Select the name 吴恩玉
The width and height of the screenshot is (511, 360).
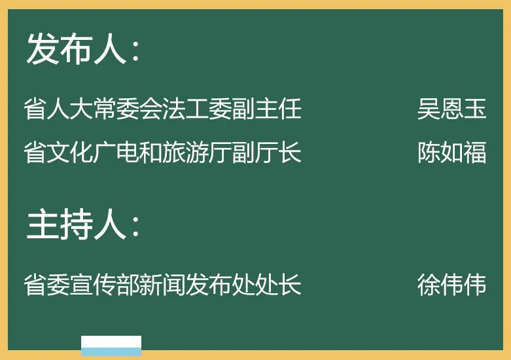(451, 109)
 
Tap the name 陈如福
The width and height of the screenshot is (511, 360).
(451, 153)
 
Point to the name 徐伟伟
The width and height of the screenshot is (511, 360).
(451, 285)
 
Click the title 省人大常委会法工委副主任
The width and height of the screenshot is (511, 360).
(162, 109)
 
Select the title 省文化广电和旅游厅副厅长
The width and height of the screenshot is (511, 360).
(162, 153)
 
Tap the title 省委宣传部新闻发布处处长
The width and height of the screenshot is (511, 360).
(162, 285)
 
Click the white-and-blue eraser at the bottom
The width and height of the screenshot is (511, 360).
(111, 345)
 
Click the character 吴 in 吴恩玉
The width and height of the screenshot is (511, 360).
(429, 109)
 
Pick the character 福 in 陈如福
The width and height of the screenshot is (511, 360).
(475, 153)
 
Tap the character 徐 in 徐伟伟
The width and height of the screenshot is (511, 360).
(429, 285)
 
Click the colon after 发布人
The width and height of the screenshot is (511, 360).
(135, 52)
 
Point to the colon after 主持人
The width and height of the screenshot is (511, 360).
(135, 227)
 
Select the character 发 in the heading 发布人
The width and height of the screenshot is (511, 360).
(42, 50)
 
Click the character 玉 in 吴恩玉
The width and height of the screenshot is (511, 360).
(475, 109)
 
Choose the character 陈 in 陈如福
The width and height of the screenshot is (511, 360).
(429, 153)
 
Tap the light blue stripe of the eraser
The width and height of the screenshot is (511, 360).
(111, 351)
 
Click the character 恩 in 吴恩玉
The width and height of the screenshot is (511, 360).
(451, 109)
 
